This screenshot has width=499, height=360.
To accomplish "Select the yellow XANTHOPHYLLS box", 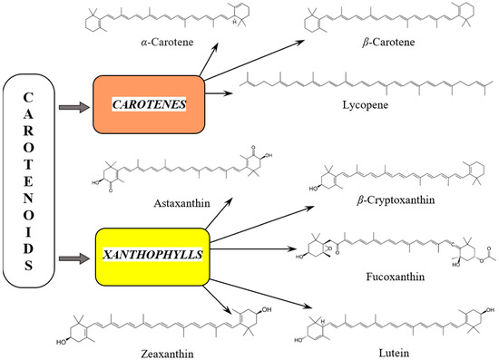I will (x=148, y=252).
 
